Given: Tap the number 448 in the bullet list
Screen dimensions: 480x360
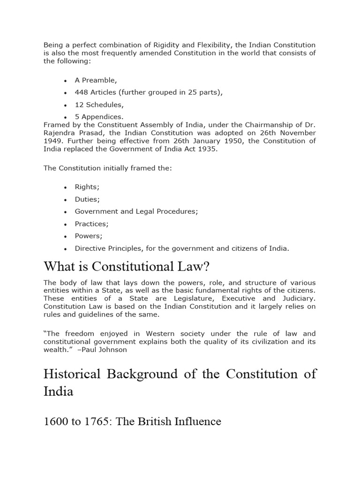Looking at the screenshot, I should pyautogui.click(x=82, y=92).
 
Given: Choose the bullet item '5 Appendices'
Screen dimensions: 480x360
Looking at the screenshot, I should pyautogui.click(x=99, y=117).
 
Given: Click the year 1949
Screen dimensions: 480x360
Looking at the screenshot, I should pyautogui.click(x=53, y=141).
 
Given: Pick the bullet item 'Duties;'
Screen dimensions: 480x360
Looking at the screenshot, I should pyautogui.click(x=87, y=199).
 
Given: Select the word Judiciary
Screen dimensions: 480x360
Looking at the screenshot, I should pyautogui.click(x=297, y=299).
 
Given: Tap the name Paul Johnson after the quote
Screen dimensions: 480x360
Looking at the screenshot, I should pyautogui.click(x=104, y=350).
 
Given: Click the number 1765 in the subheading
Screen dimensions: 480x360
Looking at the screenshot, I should pyautogui.click(x=98, y=421).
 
